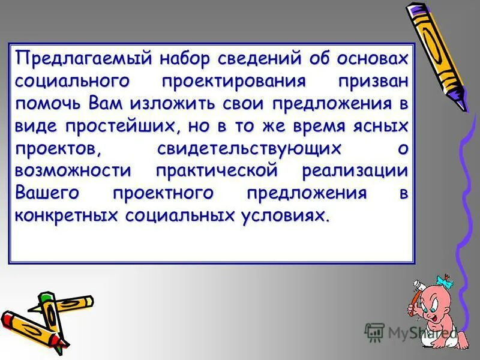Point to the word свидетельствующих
pos(250,148)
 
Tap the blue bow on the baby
pos(443,281)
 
